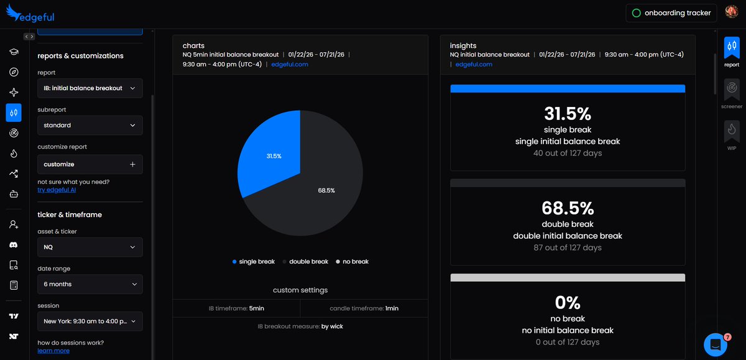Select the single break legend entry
[254, 261]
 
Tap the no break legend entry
[352, 261]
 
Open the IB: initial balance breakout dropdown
[90, 88]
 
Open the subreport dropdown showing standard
[90, 125]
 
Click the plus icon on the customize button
[132, 164]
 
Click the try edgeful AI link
[57, 190]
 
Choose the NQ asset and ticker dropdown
[90, 247]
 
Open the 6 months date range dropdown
[90, 284]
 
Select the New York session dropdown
[90, 321]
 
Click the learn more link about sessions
[53, 350]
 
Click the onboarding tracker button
[671, 13]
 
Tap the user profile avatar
[731, 12]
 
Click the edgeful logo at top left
[30, 13]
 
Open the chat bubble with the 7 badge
[716, 344]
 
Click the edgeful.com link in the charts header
[290, 64]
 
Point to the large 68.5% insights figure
[568, 208]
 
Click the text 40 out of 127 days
[568, 153]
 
